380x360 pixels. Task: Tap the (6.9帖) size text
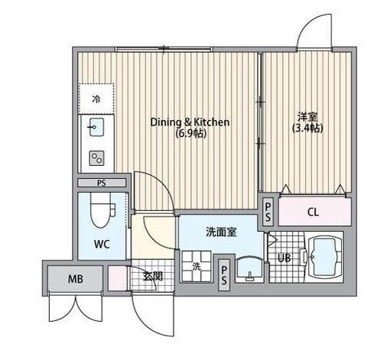tap(190, 133)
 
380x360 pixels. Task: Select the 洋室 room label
tap(307, 117)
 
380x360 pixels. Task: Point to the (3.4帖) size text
tap(308, 128)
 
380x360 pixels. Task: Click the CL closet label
tap(313, 211)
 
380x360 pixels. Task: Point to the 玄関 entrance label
tap(152, 276)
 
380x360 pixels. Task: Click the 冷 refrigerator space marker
tap(96, 99)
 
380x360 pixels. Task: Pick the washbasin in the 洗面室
tap(247, 268)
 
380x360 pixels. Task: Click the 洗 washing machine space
tap(196, 268)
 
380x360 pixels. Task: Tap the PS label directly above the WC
tap(102, 183)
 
